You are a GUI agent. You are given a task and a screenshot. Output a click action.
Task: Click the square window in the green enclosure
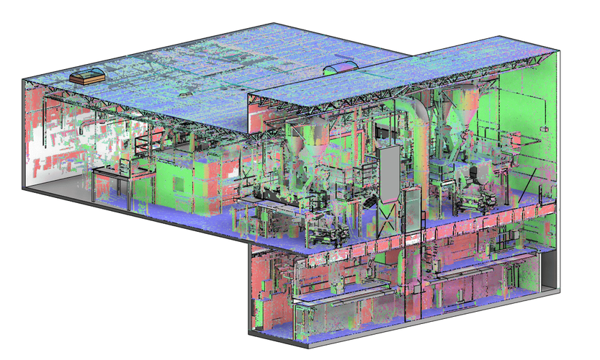coord(176,180)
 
